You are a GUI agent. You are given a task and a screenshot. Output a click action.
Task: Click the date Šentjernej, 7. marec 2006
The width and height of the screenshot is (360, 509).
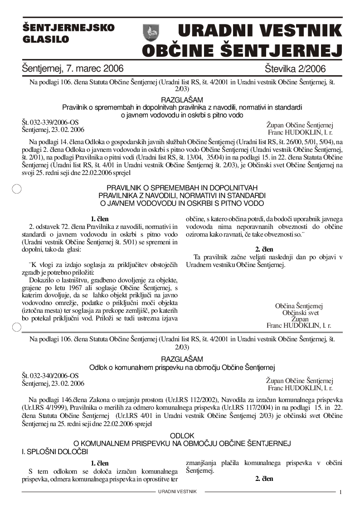click(x=73, y=69)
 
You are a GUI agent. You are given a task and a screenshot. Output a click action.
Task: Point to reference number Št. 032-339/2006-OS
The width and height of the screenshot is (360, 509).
click(x=50, y=122)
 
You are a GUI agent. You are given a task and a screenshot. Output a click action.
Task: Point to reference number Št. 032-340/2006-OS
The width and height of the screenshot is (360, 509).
click(x=50, y=376)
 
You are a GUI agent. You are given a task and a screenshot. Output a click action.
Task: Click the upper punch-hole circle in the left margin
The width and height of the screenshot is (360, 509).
click(x=17, y=189)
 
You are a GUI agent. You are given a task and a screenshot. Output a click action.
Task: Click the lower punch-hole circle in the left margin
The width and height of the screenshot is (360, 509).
click(x=17, y=327)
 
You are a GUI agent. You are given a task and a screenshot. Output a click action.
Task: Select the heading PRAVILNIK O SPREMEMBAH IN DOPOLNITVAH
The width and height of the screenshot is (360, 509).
click(x=182, y=188)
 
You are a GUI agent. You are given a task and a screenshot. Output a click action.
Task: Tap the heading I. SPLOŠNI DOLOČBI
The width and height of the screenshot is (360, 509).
click(x=55, y=452)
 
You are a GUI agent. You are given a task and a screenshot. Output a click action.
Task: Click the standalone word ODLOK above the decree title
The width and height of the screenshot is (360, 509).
click(x=182, y=436)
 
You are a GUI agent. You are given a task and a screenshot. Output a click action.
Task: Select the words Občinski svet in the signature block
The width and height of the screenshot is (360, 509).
click(x=300, y=313)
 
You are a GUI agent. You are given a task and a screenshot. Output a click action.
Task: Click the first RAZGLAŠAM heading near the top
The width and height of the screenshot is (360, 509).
click(x=182, y=100)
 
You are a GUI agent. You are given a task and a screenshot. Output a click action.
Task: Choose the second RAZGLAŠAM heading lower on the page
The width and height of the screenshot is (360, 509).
click(x=182, y=359)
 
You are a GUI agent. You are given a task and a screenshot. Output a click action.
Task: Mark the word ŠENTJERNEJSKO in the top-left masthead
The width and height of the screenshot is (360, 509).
click(x=68, y=28)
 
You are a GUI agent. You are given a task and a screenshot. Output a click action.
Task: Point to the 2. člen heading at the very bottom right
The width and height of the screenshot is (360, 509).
click(x=264, y=479)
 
